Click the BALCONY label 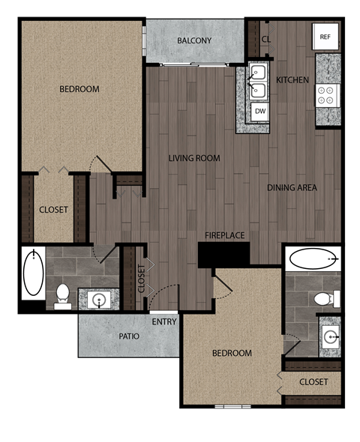(x=194, y=40)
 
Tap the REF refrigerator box (x=325, y=37)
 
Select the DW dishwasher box (x=259, y=111)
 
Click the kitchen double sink (x=258, y=82)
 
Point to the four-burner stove (x=326, y=95)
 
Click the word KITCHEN (x=292, y=79)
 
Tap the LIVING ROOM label (x=193, y=157)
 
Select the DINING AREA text (x=292, y=187)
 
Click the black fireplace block (x=223, y=254)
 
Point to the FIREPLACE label (x=225, y=235)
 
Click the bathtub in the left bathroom (x=33, y=273)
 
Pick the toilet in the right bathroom (x=325, y=299)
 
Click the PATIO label (x=129, y=336)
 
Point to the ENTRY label (x=164, y=322)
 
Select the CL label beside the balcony (x=266, y=40)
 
